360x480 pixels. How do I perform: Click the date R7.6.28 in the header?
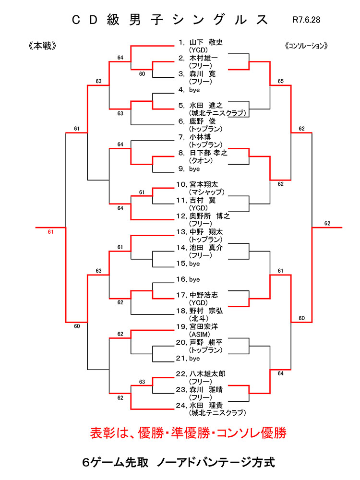[306, 21]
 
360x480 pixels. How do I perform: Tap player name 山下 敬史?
[206, 42]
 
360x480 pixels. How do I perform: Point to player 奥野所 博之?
[210, 216]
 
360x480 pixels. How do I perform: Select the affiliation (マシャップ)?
[204, 192]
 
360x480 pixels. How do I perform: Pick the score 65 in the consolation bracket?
[280, 82]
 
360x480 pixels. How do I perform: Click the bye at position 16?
[190, 279]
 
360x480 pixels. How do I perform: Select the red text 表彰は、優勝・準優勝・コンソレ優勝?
[188, 433]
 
